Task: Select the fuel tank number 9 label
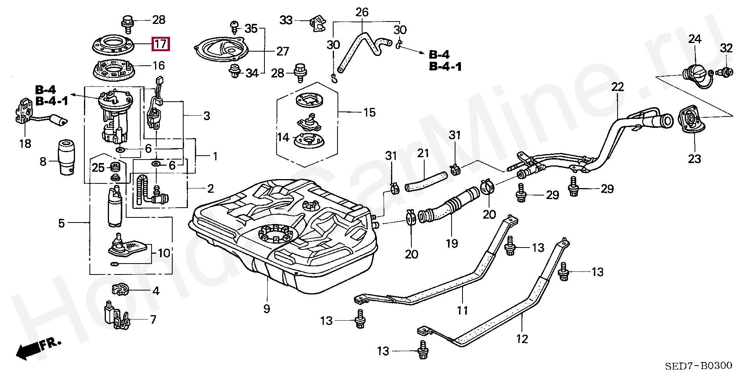(266, 309)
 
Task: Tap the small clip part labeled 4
(120, 290)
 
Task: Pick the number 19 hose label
(452, 244)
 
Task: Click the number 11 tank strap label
(462, 311)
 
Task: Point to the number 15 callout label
(369, 113)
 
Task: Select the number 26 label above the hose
(362, 12)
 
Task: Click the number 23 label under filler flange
(695, 159)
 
